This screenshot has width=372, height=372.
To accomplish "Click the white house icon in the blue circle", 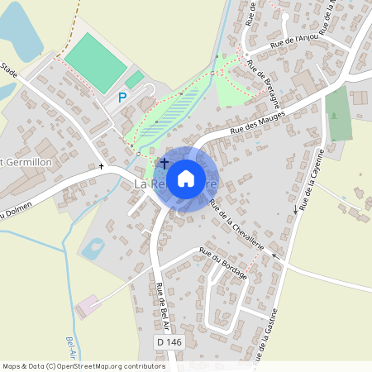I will (186, 178).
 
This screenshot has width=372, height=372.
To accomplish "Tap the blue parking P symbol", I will (122, 98).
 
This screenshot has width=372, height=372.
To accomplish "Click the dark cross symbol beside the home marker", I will (164, 163).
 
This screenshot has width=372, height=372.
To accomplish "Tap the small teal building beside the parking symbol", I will (134, 79).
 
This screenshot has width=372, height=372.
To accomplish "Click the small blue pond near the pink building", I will (93, 246).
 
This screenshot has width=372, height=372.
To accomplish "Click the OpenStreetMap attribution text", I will (83, 365).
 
